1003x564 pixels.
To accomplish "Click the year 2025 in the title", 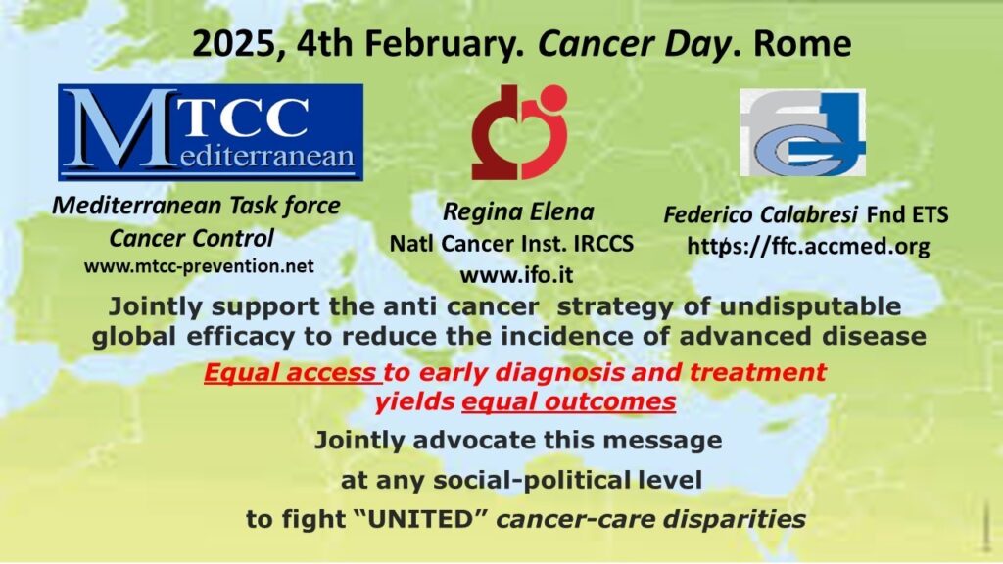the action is point(234,43).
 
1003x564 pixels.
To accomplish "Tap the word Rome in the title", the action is point(802,43).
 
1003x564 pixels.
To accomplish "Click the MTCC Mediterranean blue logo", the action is point(211,132).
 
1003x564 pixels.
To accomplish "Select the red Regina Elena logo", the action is point(519,132).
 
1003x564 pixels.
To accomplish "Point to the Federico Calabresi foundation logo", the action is point(803,132).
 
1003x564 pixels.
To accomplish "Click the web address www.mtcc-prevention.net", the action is point(199,266).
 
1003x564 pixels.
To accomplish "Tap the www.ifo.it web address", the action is point(517,275).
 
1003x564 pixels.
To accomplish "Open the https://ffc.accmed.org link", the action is point(808,246).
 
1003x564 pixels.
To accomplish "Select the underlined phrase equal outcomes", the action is point(569,401).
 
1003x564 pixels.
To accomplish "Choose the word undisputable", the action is point(810,306).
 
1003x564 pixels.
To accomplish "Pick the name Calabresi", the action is point(808,214).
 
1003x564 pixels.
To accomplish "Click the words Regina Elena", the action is point(519,211).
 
